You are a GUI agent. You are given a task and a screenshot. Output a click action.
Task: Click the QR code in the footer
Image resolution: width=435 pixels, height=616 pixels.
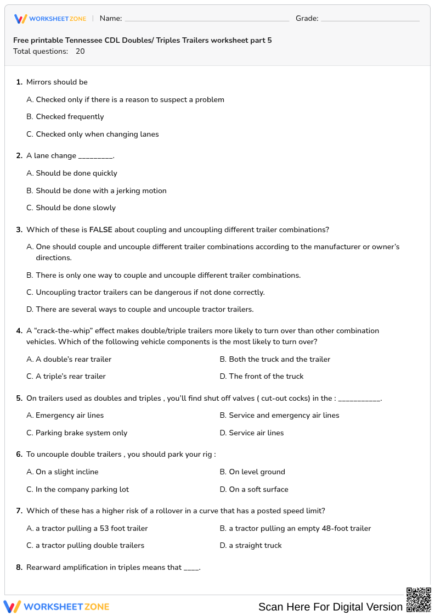click(419, 600)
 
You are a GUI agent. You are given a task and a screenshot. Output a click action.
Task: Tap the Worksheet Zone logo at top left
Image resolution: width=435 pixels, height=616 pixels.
click(50, 19)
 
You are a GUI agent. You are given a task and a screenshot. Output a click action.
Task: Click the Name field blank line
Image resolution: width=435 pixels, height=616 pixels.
click(207, 19)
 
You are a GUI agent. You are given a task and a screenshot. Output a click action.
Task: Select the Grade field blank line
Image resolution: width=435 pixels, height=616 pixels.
click(370, 19)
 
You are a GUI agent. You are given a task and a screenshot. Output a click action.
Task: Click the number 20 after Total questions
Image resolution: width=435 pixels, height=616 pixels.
click(80, 52)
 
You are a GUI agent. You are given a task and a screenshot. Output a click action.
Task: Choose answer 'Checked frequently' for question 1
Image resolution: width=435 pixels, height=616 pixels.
click(70, 117)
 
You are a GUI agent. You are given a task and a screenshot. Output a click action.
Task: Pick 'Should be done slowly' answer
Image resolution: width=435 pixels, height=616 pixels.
click(76, 208)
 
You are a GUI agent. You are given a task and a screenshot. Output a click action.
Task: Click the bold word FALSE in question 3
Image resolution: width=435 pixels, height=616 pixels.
click(100, 230)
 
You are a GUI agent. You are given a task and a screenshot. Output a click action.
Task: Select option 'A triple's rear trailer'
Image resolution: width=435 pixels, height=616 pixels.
click(71, 377)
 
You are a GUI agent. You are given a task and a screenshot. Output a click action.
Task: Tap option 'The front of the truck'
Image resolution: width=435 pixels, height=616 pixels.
click(266, 377)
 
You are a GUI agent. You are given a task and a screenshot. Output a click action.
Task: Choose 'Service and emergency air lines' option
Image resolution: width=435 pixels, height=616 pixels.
click(284, 416)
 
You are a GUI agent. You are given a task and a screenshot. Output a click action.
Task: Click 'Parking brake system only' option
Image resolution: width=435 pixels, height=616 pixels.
click(81, 433)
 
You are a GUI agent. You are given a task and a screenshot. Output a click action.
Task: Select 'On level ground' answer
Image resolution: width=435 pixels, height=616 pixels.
click(257, 472)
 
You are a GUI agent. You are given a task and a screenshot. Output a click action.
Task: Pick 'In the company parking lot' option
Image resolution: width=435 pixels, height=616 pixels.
click(82, 490)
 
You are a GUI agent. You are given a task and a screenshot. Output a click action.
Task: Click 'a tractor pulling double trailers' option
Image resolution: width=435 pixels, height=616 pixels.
click(90, 546)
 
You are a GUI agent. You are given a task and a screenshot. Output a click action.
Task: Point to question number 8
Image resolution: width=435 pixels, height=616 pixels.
click(19, 568)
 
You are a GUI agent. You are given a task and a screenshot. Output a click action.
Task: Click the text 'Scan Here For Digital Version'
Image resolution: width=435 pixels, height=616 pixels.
click(330, 607)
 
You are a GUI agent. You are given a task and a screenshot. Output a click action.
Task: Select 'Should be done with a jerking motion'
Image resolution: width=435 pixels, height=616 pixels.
click(101, 191)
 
